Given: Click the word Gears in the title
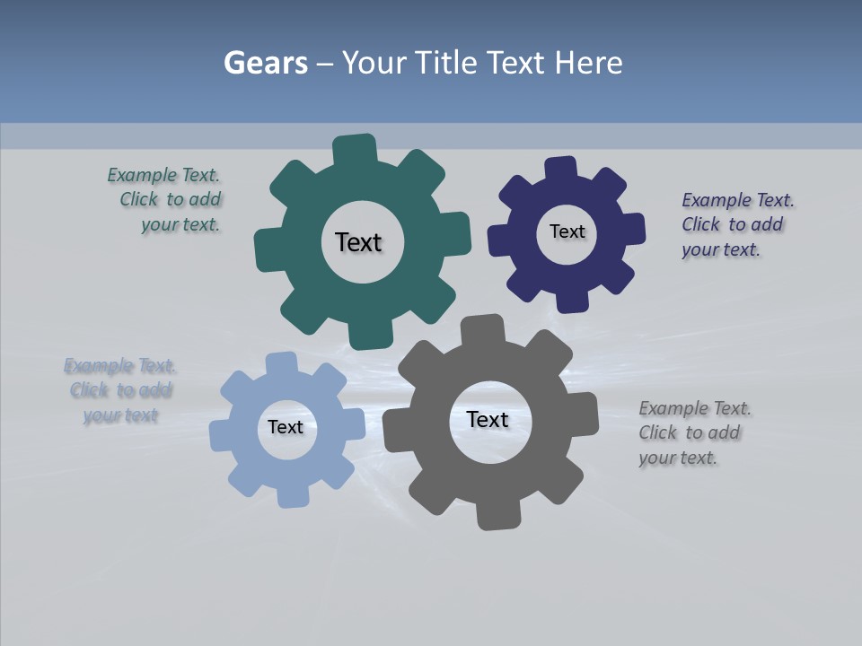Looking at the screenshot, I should click(265, 63).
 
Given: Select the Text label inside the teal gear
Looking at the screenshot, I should click(358, 242).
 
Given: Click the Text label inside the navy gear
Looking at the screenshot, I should click(567, 231).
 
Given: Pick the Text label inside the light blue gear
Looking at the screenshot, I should click(285, 427).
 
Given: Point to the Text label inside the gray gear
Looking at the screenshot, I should click(488, 419).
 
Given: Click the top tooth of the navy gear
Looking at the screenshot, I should click(560, 169).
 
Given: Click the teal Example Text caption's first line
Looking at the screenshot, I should click(163, 175).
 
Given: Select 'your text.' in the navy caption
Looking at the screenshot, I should click(720, 249).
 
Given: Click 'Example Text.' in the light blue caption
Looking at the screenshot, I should click(119, 366).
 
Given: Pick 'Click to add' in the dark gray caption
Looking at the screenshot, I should click(689, 432).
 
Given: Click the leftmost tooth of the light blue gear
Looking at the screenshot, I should click(221, 435).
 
